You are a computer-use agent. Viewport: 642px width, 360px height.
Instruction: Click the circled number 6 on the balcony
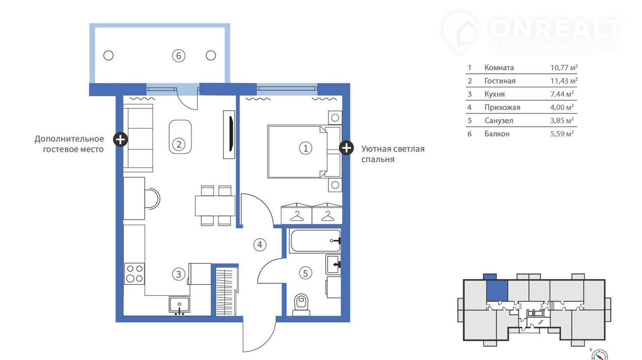(x=179, y=56)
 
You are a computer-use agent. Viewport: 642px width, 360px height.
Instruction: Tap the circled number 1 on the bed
(x=305, y=148)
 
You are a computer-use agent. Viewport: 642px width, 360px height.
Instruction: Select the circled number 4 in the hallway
(x=260, y=245)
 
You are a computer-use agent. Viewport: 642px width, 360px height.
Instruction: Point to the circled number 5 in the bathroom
(x=305, y=273)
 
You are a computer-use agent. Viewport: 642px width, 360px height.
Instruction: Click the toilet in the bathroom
(x=301, y=305)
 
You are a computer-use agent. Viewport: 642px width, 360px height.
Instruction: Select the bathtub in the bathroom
(x=315, y=241)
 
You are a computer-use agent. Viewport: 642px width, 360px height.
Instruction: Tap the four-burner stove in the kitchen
(x=134, y=274)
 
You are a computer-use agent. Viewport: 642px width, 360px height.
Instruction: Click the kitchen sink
(x=180, y=305)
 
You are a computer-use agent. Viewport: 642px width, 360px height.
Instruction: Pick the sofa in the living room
(x=138, y=138)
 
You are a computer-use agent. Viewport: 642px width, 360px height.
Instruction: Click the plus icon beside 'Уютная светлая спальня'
(x=346, y=148)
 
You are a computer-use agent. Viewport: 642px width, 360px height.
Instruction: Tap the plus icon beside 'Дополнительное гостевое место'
(x=120, y=139)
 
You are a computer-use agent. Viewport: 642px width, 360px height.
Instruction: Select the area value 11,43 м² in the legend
(x=564, y=81)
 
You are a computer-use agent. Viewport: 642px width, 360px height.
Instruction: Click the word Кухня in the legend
(x=495, y=94)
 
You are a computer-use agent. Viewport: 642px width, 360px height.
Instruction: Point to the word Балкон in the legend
(x=497, y=134)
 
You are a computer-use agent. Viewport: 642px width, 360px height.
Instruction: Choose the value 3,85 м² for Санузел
(x=562, y=120)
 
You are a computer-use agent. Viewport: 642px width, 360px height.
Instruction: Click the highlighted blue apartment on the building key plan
(x=497, y=291)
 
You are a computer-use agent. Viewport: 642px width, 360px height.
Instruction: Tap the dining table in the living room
(x=215, y=206)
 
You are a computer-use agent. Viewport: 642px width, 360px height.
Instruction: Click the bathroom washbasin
(x=334, y=265)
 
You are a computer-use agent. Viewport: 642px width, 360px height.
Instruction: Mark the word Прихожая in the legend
(x=502, y=107)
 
